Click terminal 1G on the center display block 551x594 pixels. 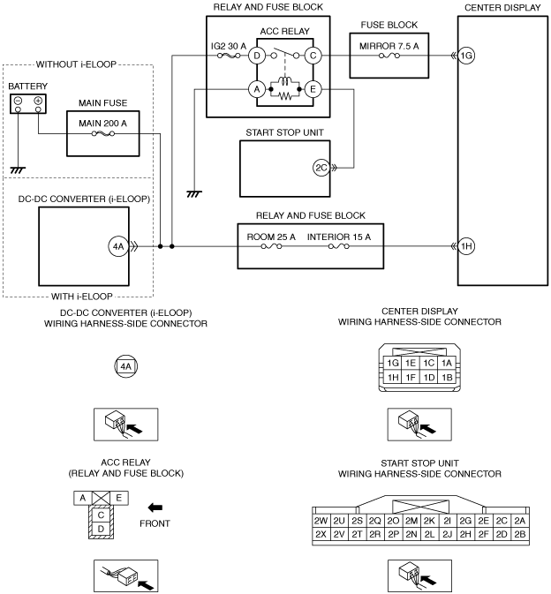466,56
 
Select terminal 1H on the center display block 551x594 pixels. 466,246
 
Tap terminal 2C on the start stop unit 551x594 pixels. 321,168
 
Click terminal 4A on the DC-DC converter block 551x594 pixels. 118,246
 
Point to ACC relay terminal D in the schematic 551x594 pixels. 257,56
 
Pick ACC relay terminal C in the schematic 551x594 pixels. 313,56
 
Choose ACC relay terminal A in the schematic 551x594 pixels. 257,89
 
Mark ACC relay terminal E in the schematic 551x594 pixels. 313,89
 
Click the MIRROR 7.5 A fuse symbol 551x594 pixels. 389,56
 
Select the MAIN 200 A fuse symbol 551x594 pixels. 103,133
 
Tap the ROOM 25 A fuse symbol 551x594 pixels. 271,246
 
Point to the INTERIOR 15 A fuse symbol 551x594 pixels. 339,246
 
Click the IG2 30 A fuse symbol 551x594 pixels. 229,56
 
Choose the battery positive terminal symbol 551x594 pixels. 38,101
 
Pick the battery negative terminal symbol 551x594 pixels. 18,101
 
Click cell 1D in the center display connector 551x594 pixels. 428,377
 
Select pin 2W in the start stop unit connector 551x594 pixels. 321,521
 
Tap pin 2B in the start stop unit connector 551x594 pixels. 520,534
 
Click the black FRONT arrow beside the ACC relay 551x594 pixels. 155,508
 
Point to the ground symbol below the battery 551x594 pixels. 18,170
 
